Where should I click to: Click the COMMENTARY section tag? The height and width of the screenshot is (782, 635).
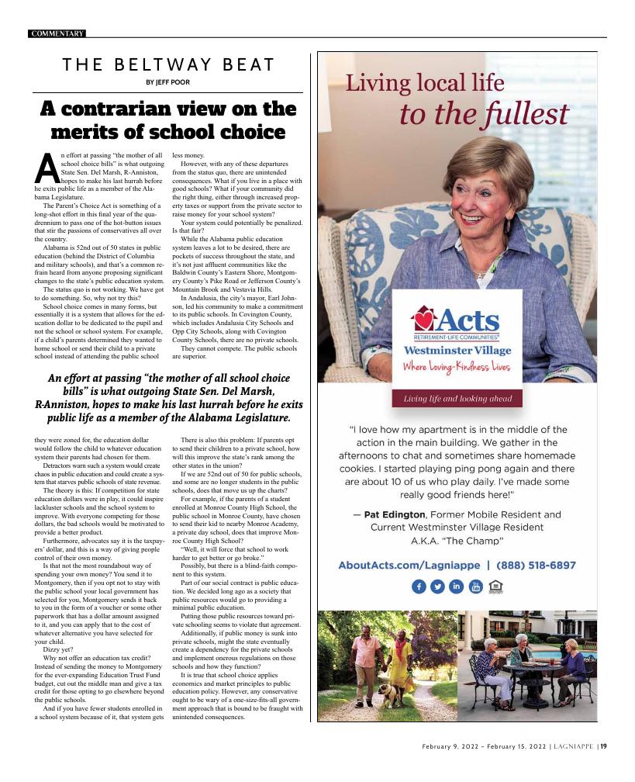click(57, 33)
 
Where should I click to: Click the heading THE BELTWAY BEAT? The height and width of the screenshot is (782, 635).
click(168, 66)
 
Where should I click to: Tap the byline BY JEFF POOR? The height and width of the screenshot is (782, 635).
click(167, 82)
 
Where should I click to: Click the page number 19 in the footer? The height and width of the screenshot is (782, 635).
click(603, 746)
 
